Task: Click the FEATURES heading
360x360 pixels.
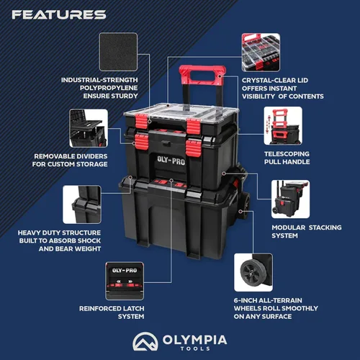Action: [x=59, y=14]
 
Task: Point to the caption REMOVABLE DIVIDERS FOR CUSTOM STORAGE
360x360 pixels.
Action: [x=71, y=160]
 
